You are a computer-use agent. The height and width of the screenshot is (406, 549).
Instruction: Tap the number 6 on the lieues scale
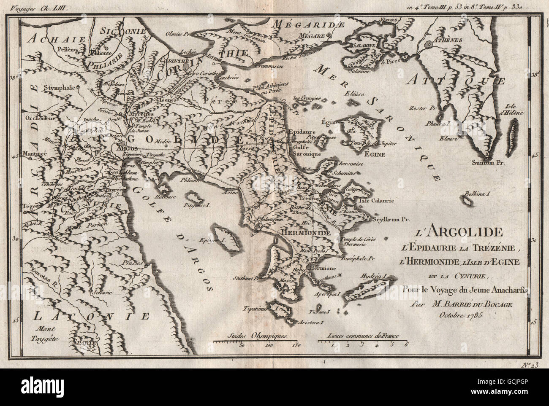pos(406,346)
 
